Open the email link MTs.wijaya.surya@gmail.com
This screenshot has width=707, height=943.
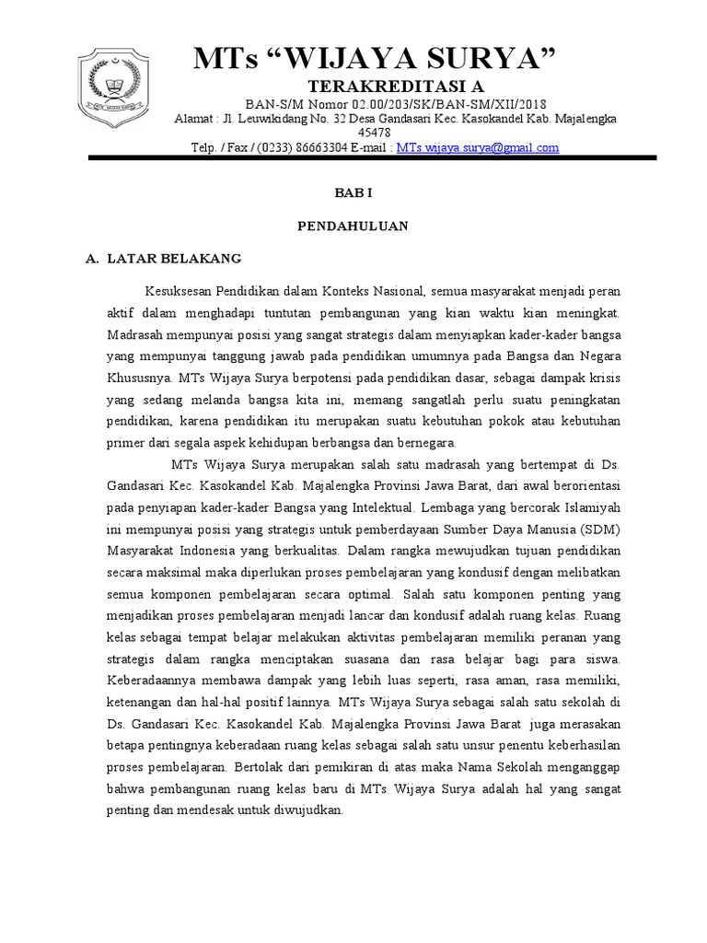click(478, 147)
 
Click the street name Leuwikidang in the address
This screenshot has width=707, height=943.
click(279, 119)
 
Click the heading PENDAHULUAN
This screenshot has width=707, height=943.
click(353, 226)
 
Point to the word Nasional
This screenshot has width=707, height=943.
click(387, 292)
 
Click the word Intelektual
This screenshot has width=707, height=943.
click(377, 506)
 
